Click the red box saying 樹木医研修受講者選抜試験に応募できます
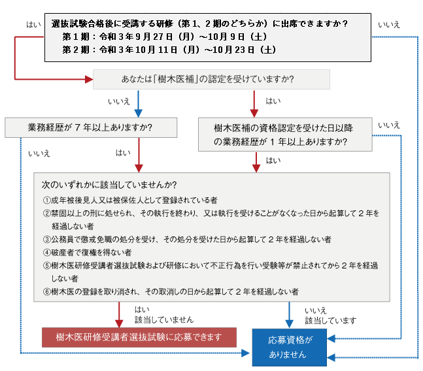(139, 337)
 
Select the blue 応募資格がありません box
(290, 347)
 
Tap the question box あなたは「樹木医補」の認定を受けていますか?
(211, 79)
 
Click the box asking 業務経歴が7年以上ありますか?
(91, 127)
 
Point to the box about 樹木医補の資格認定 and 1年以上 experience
(285, 134)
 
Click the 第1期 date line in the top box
(165, 37)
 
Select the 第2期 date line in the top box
(169, 50)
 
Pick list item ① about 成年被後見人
(130, 200)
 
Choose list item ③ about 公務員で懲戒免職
(187, 239)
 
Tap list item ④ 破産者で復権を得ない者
(87, 253)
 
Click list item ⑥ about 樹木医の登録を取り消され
(171, 291)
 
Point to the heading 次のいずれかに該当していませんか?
(109, 185)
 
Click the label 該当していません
(164, 320)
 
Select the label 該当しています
(330, 320)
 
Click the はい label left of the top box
(33, 25)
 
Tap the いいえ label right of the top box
(389, 25)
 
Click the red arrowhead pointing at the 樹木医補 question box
(89, 79)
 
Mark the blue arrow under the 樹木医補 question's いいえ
(138, 104)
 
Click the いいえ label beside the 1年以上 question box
(389, 125)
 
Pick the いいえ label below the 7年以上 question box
(39, 153)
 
